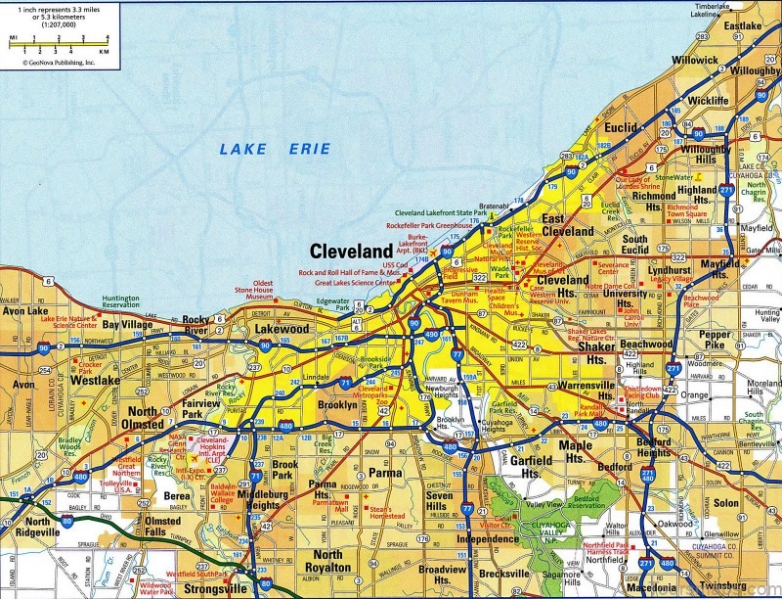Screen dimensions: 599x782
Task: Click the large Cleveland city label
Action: pos(351,251)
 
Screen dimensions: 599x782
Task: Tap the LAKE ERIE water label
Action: pos(275,150)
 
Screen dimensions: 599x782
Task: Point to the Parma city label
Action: pos(385,474)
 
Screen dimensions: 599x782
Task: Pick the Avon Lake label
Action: pos(26,312)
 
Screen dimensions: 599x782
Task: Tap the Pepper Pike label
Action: pos(715,341)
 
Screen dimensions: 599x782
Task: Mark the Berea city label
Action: pos(176,497)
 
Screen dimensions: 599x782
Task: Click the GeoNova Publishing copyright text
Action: pos(53,62)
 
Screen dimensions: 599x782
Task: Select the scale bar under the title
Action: pos(59,42)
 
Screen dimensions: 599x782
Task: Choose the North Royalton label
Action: pos(327,561)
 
